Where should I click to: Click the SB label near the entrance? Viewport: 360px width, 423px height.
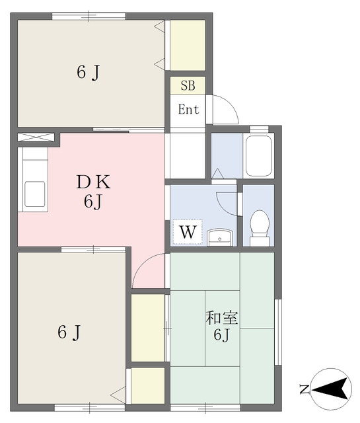click(188, 85)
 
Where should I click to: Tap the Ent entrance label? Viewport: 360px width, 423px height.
click(188, 109)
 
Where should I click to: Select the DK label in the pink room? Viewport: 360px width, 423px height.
click(93, 182)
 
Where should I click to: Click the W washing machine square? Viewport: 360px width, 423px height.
click(188, 232)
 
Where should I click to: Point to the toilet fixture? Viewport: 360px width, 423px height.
click(260, 228)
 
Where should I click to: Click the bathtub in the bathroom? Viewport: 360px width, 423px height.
click(258, 155)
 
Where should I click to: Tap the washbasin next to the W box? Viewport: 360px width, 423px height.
click(220, 237)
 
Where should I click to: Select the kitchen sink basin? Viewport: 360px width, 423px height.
click(34, 194)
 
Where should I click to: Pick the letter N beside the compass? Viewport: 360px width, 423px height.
click(304, 389)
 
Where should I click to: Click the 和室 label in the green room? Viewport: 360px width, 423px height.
click(222, 318)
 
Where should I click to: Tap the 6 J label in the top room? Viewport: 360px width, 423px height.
click(88, 73)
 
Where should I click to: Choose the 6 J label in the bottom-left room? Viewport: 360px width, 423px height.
click(69, 332)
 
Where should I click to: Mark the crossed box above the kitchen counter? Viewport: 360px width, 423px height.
click(36, 137)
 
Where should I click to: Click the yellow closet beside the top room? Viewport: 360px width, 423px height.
click(188, 46)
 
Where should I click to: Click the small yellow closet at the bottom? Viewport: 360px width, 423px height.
click(148, 385)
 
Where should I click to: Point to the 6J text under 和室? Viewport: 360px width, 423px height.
click(221, 335)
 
